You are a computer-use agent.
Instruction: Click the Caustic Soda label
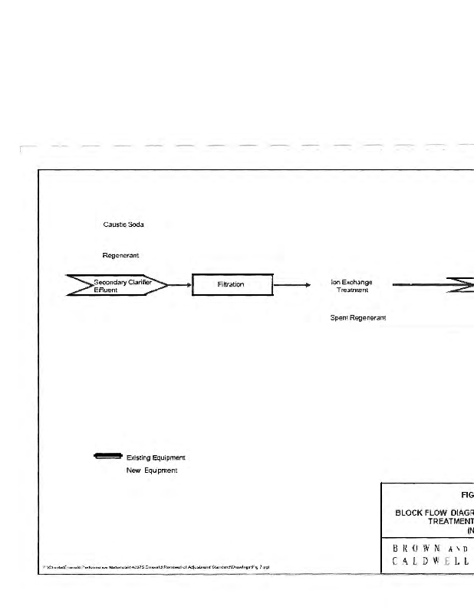pos(123,225)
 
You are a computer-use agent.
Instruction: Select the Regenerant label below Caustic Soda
pos(120,254)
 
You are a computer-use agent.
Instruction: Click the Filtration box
pos(231,285)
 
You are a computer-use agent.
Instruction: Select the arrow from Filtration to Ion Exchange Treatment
pos(291,285)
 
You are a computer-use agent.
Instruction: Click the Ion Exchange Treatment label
pos(351,286)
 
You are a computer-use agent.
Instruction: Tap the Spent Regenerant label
pos(357,317)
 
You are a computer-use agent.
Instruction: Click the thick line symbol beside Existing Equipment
pos(107,457)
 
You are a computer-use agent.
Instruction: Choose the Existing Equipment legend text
pos(156,458)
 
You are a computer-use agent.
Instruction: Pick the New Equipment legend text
pos(152,470)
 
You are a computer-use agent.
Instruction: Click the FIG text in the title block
pos(467,495)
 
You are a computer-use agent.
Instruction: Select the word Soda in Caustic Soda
pos(137,225)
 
